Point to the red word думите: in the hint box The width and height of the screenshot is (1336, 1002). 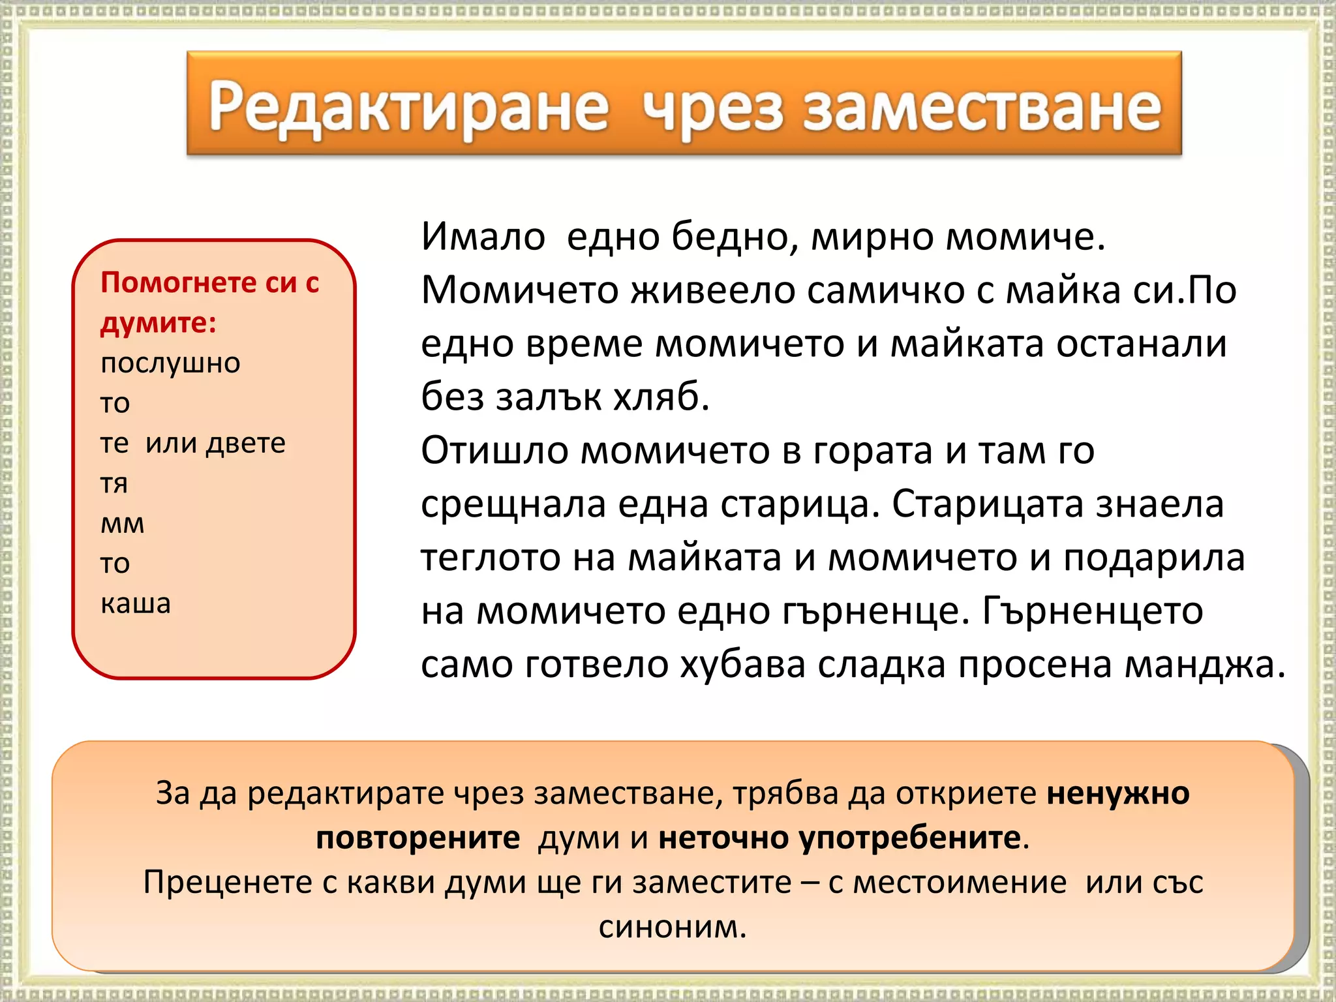click(159, 323)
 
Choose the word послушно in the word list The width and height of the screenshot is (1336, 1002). click(170, 363)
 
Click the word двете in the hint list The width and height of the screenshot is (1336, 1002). click(246, 443)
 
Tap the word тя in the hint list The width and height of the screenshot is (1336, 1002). click(114, 483)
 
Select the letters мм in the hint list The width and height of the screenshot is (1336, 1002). click(122, 524)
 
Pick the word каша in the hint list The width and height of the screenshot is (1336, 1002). click(136, 603)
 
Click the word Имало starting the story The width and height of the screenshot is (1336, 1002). click(483, 236)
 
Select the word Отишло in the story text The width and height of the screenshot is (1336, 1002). click(494, 450)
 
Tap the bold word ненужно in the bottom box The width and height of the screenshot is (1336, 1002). click(1118, 794)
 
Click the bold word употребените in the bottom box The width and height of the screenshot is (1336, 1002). click(910, 838)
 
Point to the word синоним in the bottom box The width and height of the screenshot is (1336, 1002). click(672, 927)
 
